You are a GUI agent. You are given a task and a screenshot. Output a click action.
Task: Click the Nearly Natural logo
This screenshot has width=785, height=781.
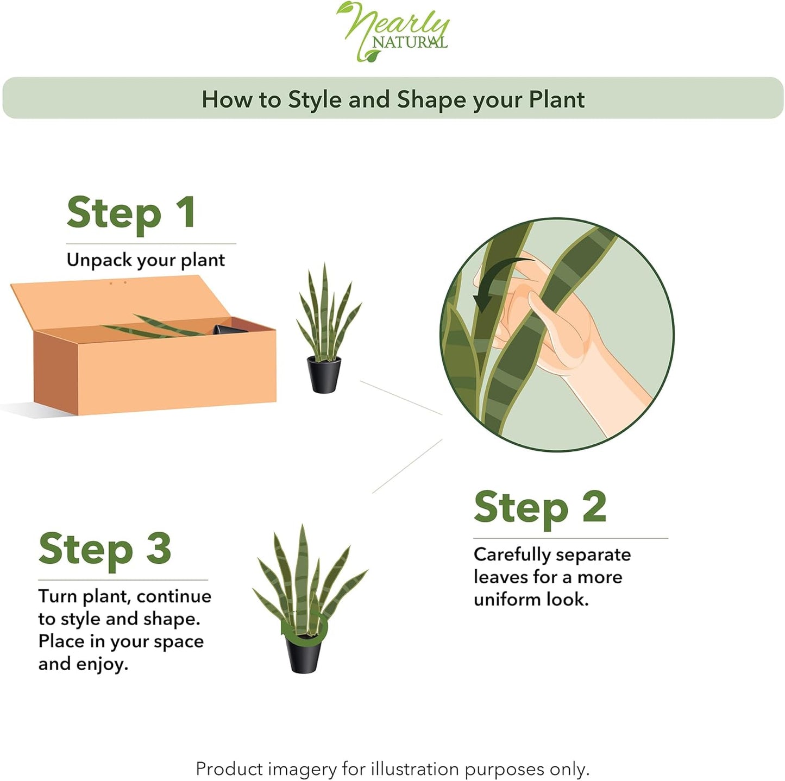[x=393, y=32]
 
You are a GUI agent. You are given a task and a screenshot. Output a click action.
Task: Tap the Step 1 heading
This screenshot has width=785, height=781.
[x=131, y=213]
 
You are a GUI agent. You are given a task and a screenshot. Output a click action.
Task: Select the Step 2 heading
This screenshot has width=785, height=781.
[x=539, y=507]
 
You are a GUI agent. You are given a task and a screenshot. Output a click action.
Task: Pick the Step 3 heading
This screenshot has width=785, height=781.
[x=105, y=549]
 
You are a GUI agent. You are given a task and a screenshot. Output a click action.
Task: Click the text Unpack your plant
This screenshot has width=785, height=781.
[x=146, y=260]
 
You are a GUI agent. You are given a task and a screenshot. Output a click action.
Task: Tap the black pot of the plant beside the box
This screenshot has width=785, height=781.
[x=324, y=374]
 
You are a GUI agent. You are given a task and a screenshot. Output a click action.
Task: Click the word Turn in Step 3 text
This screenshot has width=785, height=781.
[x=57, y=596]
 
